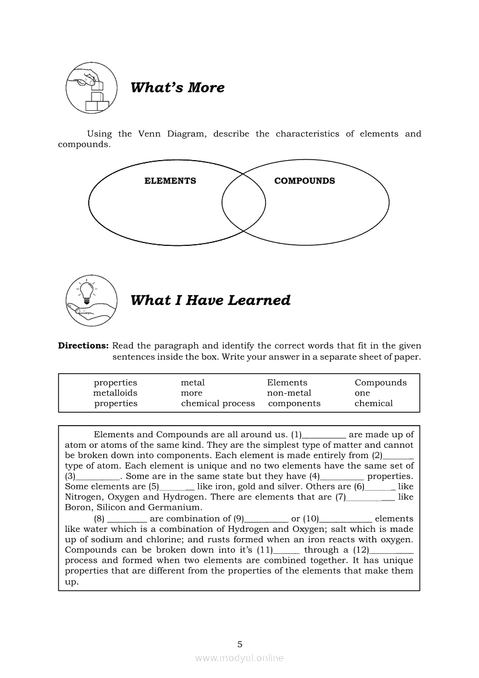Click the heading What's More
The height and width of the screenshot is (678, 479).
click(x=177, y=88)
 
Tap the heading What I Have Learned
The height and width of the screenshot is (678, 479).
click(x=210, y=300)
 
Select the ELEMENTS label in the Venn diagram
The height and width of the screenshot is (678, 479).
click(x=170, y=181)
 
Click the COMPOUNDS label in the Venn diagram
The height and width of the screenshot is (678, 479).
click(x=304, y=181)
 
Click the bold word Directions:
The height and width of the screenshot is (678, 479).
click(x=83, y=346)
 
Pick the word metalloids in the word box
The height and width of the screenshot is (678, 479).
click(x=115, y=393)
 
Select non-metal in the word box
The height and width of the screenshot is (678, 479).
click(x=289, y=393)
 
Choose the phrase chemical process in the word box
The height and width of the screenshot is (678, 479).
click(x=217, y=404)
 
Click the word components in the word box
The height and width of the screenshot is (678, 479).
click(x=294, y=404)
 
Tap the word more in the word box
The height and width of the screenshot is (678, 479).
click(x=191, y=393)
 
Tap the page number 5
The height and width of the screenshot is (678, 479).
click(x=239, y=644)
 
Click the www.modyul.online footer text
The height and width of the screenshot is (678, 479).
click(x=239, y=658)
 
